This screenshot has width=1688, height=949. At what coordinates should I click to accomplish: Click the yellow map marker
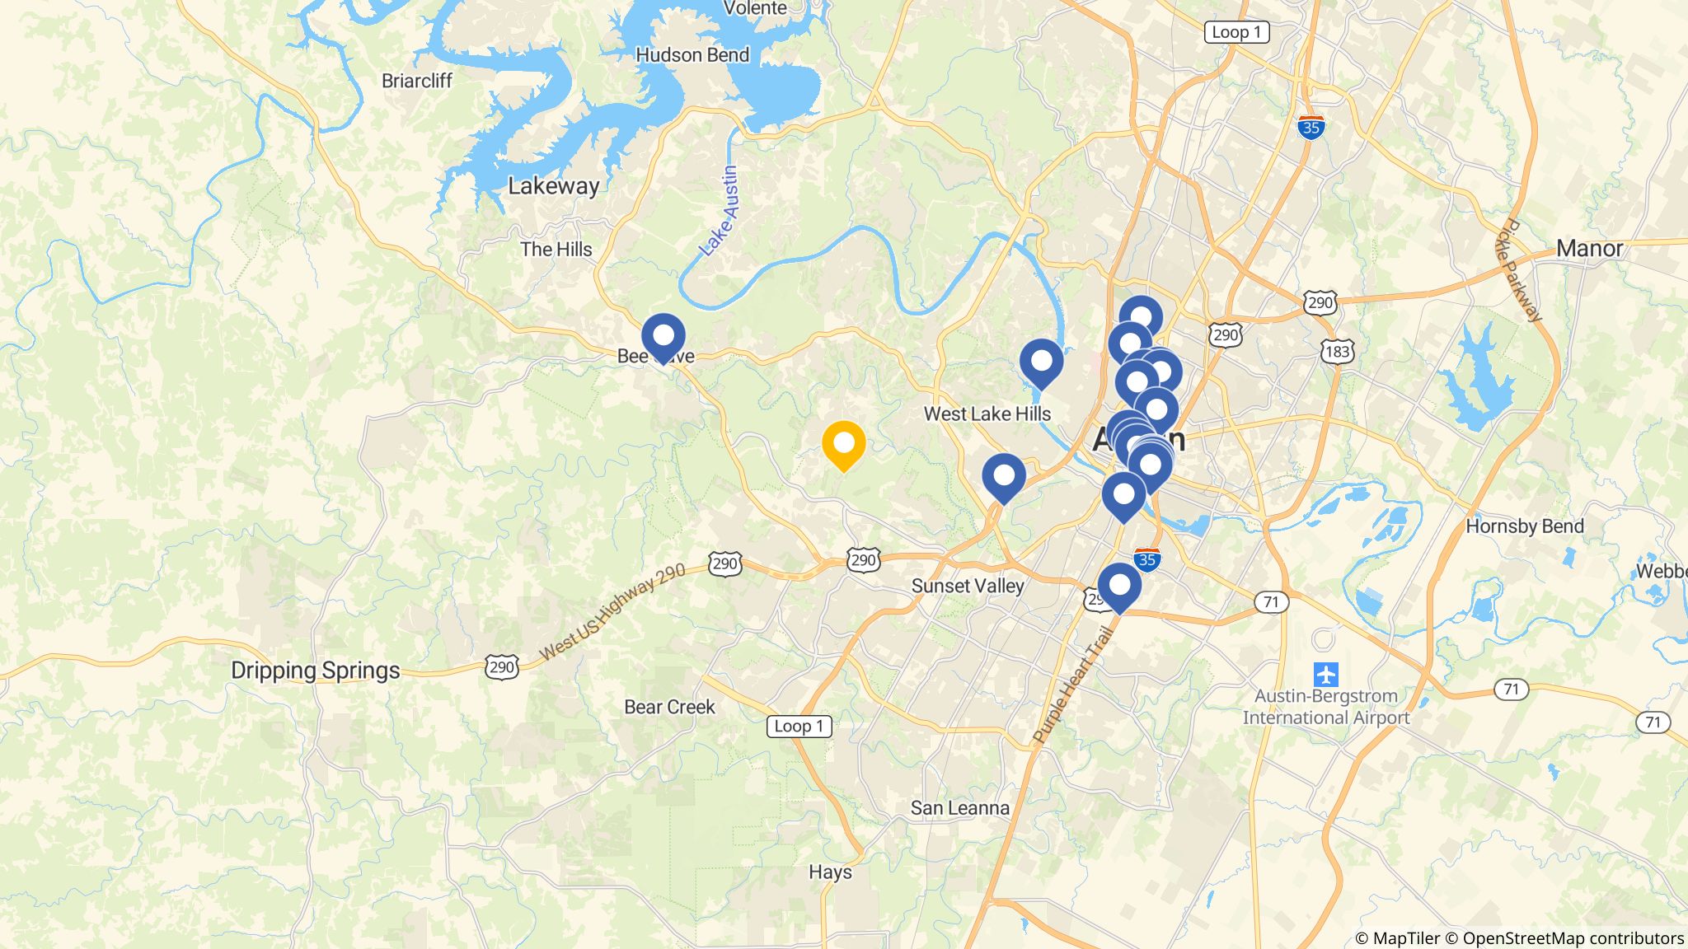pyautogui.click(x=843, y=444)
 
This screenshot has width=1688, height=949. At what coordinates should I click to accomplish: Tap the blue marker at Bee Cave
pyautogui.click(x=663, y=337)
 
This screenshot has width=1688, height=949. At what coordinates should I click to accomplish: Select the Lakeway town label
pyautogui.click(x=553, y=186)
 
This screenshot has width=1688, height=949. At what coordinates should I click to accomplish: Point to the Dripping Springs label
pyautogui.click(x=315, y=671)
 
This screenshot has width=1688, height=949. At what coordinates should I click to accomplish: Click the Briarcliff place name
pyautogui.click(x=417, y=81)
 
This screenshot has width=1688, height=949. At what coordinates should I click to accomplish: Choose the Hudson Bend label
pyautogui.click(x=692, y=55)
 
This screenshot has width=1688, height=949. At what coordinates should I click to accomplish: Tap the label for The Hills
pyautogui.click(x=556, y=249)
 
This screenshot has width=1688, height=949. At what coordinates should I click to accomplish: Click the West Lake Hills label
pyautogui.click(x=987, y=414)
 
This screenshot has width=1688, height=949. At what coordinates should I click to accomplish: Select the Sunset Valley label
pyautogui.click(x=968, y=586)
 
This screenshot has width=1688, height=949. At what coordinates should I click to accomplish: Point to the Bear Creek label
pyautogui.click(x=669, y=707)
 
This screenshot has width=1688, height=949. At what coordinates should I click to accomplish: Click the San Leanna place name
pyautogui.click(x=959, y=808)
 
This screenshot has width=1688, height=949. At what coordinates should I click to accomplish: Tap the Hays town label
pyautogui.click(x=830, y=872)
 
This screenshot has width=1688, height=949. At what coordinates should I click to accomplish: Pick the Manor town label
pyautogui.click(x=1589, y=248)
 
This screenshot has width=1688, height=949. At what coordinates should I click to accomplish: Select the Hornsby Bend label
pyautogui.click(x=1524, y=526)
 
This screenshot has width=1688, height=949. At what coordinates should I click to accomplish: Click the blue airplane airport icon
pyautogui.click(x=1325, y=675)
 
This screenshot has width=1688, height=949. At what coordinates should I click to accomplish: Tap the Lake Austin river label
pyautogui.click(x=720, y=211)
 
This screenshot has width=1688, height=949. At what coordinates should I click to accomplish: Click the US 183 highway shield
pyautogui.click(x=1337, y=352)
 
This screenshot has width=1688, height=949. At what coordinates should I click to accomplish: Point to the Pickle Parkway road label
pyautogui.click(x=1520, y=270)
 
